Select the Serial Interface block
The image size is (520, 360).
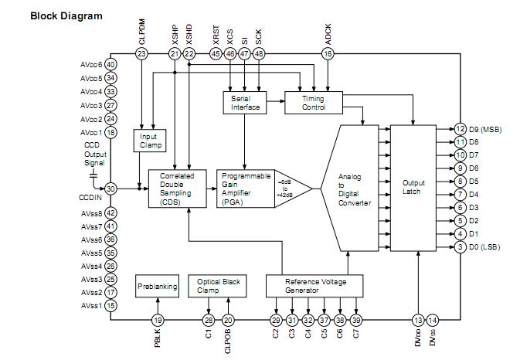coord(245,102)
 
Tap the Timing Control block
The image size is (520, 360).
coord(313,102)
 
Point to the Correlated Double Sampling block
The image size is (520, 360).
coord(177,188)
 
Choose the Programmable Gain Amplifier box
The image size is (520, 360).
coord(243,188)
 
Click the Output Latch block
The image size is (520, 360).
coord(414,188)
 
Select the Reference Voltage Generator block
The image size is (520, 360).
coord(316,286)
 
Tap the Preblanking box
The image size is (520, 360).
coord(158,286)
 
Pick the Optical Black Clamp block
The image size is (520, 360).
coord(219,286)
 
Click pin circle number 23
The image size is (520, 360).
coord(141,53)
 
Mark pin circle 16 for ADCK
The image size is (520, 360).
coord(328,53)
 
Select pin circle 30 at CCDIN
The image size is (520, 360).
coord(111,188)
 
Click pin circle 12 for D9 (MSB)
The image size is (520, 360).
coord(460,129)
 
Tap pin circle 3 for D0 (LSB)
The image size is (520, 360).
coord(460,246)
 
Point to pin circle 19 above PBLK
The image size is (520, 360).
coord(158,320)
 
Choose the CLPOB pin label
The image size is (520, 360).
coord(229,341)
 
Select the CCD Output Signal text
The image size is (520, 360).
coord(95,154)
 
